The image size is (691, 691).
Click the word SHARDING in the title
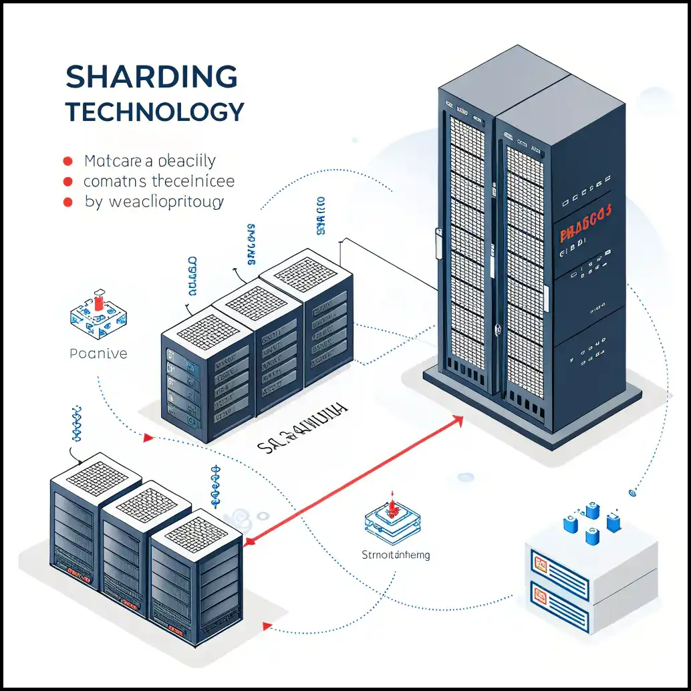point(152,78)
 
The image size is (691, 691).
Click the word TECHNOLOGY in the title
point(155,112)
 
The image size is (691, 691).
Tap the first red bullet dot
point(67,161)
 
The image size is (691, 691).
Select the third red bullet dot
point(67,201)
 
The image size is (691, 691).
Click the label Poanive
point(98,354)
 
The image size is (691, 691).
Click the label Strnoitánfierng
point(396,555)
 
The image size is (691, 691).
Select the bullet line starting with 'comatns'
point(158,181)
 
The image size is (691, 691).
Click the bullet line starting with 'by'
point(154,201)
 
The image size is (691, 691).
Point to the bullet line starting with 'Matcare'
point(150,161)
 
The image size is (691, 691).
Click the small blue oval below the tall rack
point(466,477)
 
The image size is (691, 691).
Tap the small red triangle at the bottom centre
point(267,626)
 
